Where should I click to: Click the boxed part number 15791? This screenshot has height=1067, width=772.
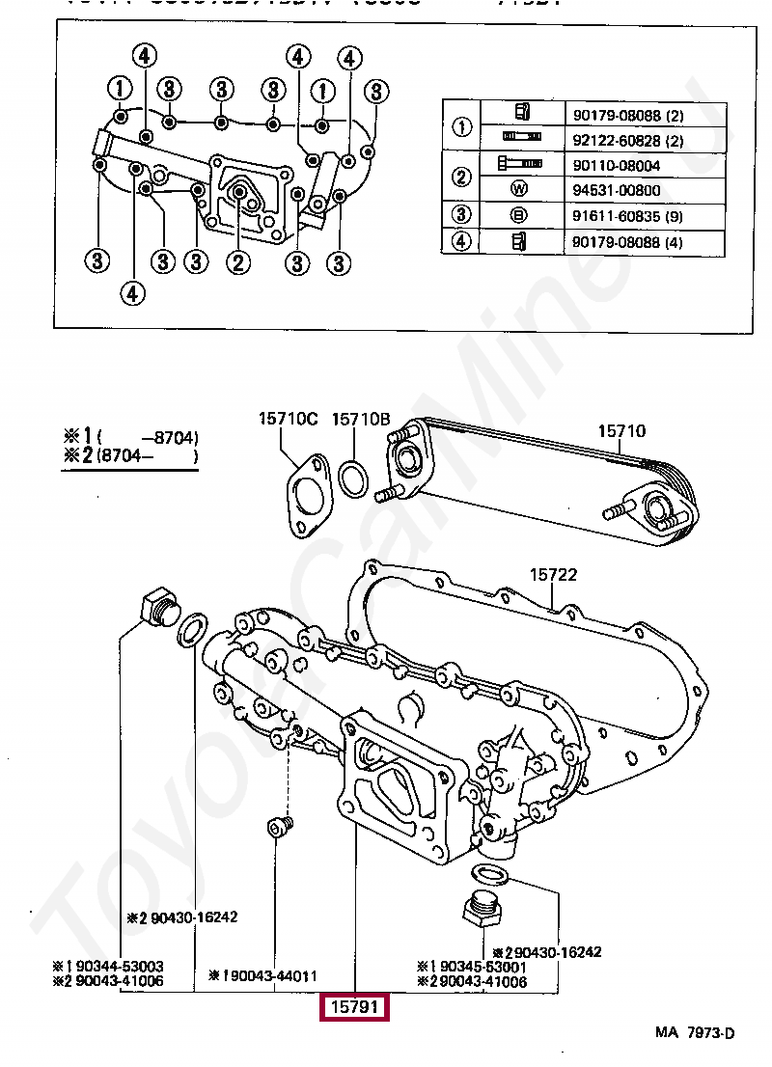(355, 1007)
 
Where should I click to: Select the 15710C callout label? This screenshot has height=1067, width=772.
(288, 419)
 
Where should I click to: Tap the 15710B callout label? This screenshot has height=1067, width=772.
(360, 419)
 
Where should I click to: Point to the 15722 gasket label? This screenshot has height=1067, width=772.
(552, 574)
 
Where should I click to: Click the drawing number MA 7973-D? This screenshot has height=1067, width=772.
(695, 1033)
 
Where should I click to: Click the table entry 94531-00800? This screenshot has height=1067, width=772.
(619, 190)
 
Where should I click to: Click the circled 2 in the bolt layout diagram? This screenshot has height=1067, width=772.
(238, 260)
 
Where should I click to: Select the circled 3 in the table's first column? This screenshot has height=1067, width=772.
(462, 216)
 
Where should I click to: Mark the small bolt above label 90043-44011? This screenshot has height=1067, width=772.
(279, 827)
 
